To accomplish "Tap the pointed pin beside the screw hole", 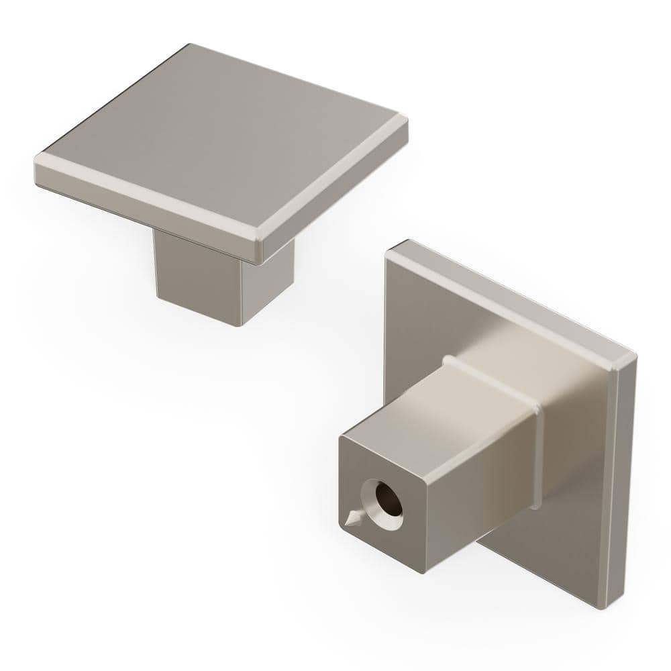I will point(351,519).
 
